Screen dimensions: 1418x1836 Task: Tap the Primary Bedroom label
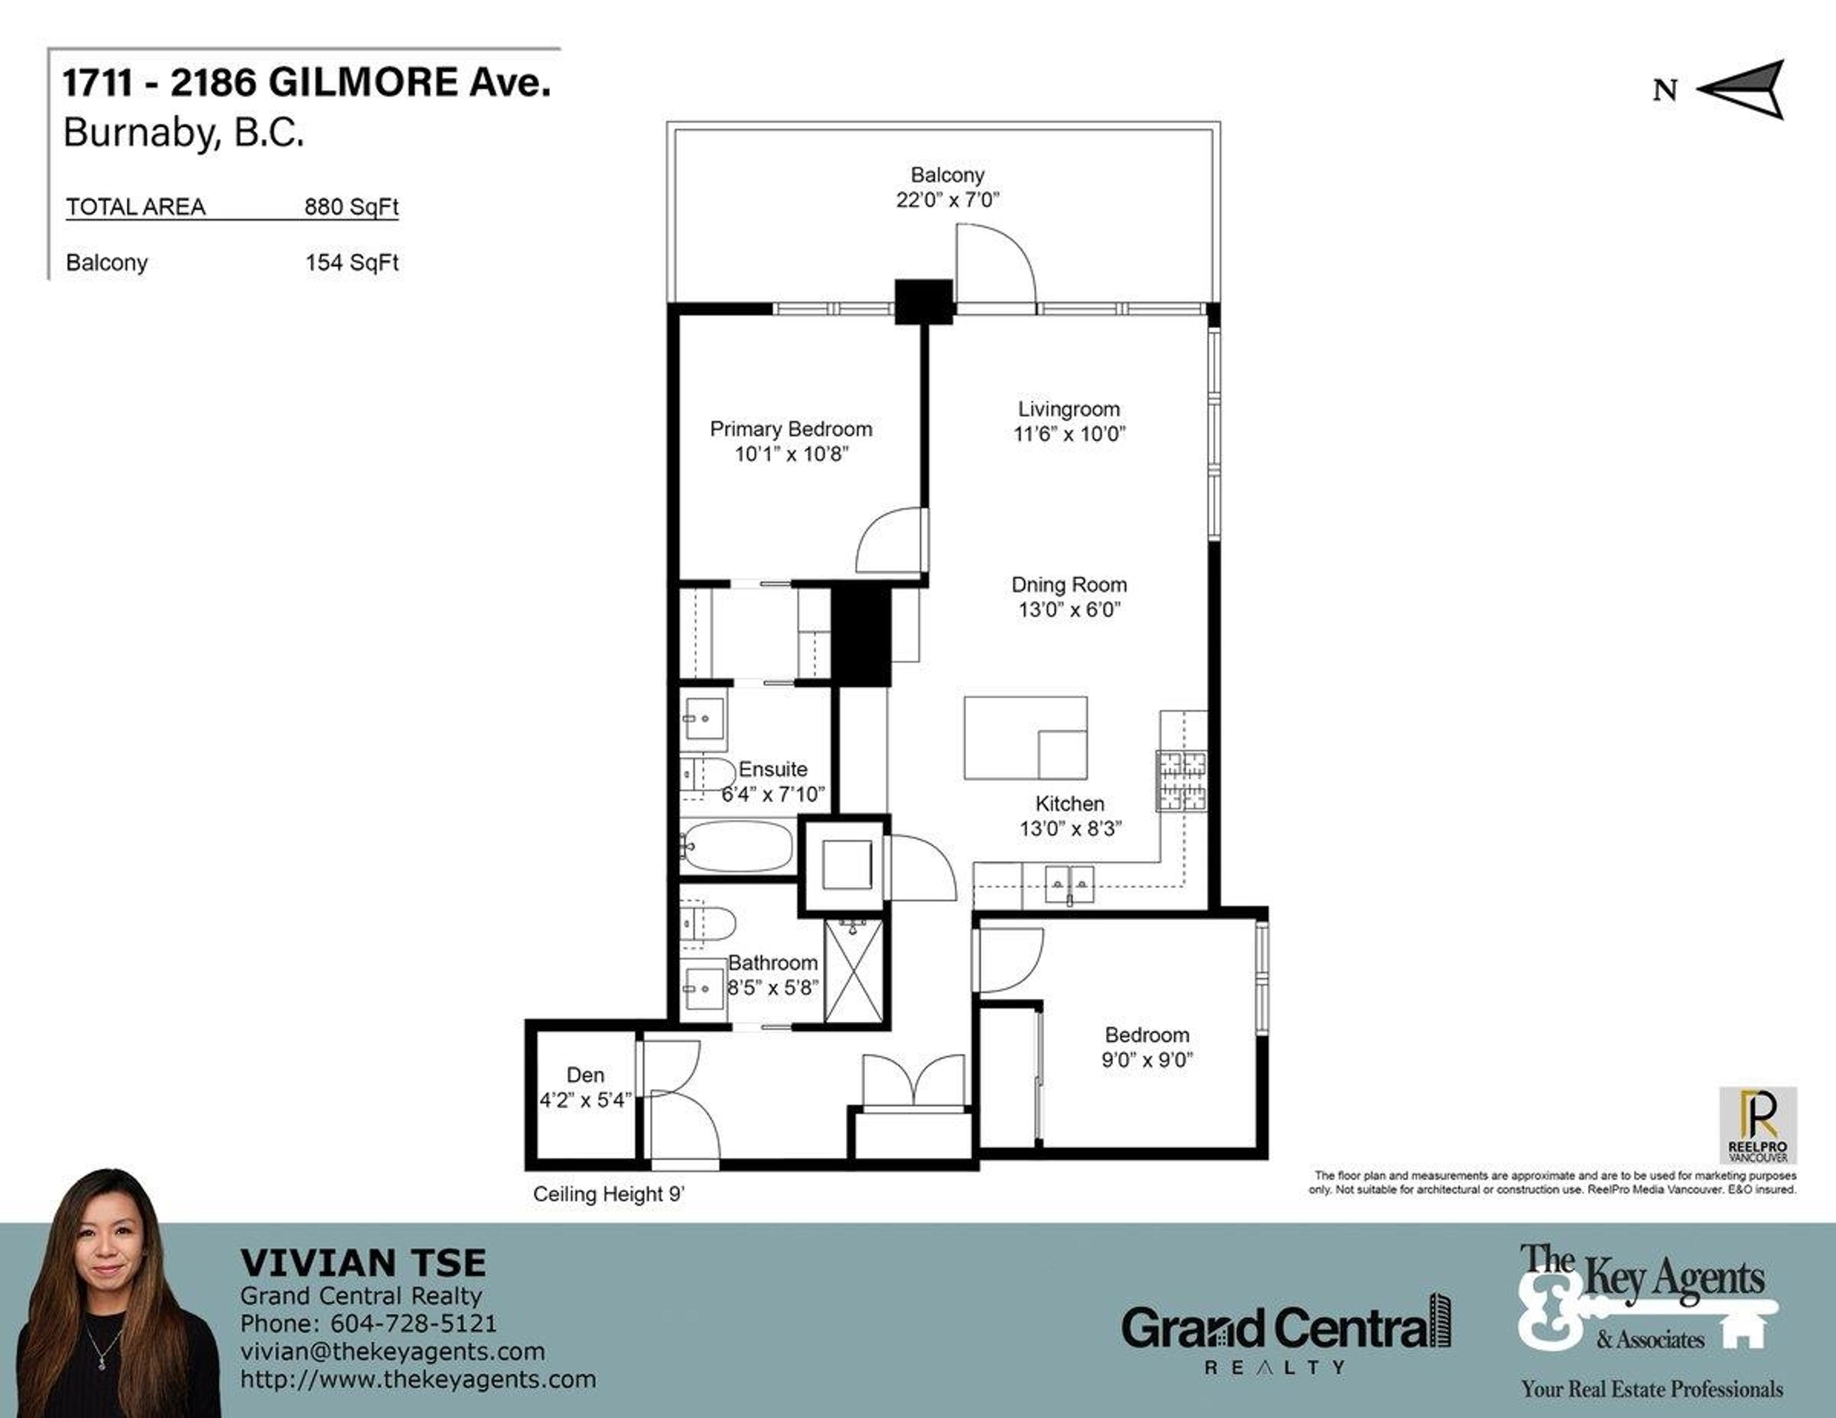[x=791, y=429]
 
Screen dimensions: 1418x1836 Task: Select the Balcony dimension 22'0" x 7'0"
[x=948, y=200]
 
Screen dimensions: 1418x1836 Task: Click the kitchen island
[x=1025, y=737]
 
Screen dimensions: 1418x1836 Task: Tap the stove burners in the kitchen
[x=1182, y=781]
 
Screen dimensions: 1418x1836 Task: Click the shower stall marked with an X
[x=853, y=971]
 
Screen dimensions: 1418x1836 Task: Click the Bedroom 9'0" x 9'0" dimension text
[x=1147, y=1060]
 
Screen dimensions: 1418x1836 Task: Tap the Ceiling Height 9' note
[x=609, y=1194]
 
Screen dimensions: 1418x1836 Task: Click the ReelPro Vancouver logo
[x=1758, y=1124]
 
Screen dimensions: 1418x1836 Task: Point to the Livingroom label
[x=1069, y=409]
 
